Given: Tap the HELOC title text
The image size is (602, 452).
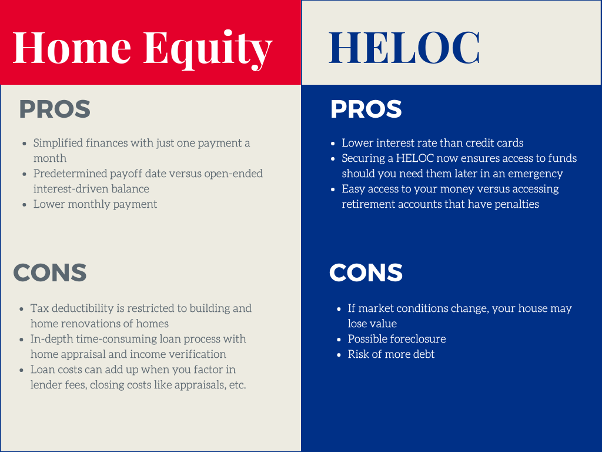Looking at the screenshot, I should coord(404,47).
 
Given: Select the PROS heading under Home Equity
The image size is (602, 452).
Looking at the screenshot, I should coord(55,110).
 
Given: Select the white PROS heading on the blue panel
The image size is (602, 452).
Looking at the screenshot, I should coord(366,110).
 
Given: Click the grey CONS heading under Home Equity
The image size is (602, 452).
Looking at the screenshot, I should coord(50,272).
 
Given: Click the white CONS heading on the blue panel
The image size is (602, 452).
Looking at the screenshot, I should coord(366,272).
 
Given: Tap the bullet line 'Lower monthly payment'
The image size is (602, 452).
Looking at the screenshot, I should coord(95,204).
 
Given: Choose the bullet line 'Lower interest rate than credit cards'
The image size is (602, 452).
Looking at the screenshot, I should coord(432,143).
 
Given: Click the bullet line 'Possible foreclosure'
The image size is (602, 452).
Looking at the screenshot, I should coord(397,339).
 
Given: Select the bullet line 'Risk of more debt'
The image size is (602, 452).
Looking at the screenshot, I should coord(391,354).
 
